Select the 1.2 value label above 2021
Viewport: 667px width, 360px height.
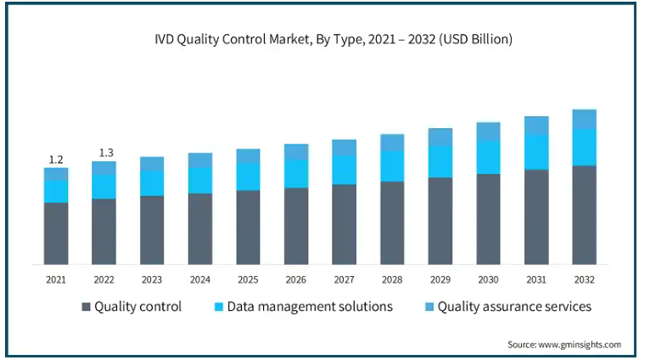click(56, 160)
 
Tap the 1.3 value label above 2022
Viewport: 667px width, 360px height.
click(104, 153)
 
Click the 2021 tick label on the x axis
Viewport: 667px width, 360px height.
click(56, 278)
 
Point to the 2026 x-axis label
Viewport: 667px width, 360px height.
click(296, 278)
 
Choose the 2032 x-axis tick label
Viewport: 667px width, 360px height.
click(584, 278)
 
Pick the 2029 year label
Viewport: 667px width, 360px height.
click(440, 278)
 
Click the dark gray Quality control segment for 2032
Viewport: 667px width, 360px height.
click(584, 215)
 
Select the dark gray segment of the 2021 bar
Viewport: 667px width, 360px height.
click(56, 233)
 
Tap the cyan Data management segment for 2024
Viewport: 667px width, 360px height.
click(200, 180)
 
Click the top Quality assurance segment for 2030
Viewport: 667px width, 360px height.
click(488, 131)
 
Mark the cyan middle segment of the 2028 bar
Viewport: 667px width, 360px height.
click(392, 166)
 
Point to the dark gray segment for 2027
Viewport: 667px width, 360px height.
click(345, 224)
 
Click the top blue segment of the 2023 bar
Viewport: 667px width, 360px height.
click(152, 164)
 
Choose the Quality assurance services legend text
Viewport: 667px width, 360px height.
click(514, 307)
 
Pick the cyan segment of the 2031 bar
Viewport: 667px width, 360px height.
click(536, 152)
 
